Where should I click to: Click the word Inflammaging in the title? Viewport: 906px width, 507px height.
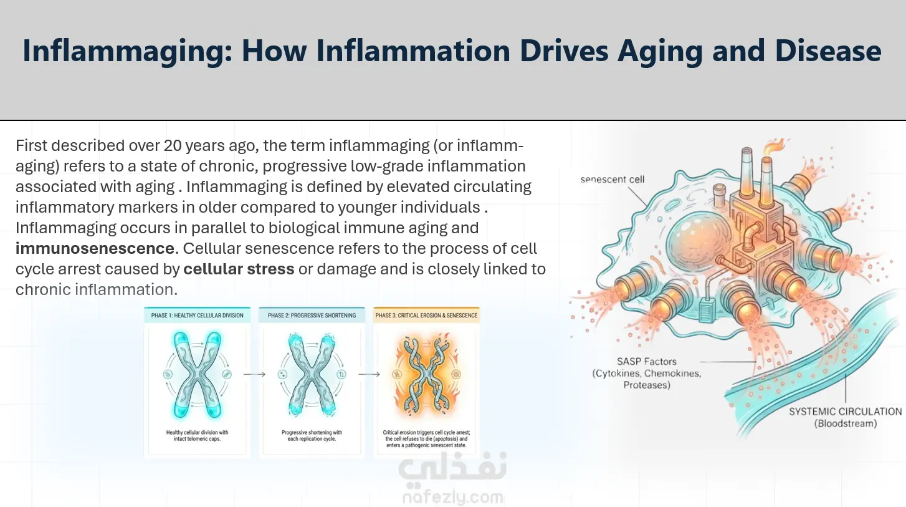(x=127, y=51)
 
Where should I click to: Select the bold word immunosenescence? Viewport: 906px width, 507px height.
(x=95, y=248)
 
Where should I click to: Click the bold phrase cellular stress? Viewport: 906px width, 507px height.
(x=239, y=269)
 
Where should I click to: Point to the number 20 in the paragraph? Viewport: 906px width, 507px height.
(x=173, y=145)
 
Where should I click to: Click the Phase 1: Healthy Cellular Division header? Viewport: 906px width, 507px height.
(x=198, y=316)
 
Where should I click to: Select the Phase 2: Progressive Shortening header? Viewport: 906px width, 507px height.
(x=312, y=316)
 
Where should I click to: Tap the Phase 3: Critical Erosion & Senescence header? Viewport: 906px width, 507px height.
(x=426, y=316)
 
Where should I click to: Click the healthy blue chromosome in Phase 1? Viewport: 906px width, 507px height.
(x=198, y=375)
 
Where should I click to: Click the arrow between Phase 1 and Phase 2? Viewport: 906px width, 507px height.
(x=254, y=374)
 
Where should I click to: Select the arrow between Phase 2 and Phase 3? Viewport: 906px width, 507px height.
(x=370, y=374)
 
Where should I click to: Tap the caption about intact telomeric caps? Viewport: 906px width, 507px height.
(x=198, y=436)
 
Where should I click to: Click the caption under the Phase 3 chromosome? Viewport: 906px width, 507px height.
(x=426, y=439)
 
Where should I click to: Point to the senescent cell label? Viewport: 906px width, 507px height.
(x=613, y=180)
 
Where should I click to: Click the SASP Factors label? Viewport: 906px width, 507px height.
(x=647, y=373)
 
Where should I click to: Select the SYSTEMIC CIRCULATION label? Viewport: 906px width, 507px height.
(x=846, y=417)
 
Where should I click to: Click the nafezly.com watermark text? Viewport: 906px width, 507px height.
(x=453, y=497)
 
